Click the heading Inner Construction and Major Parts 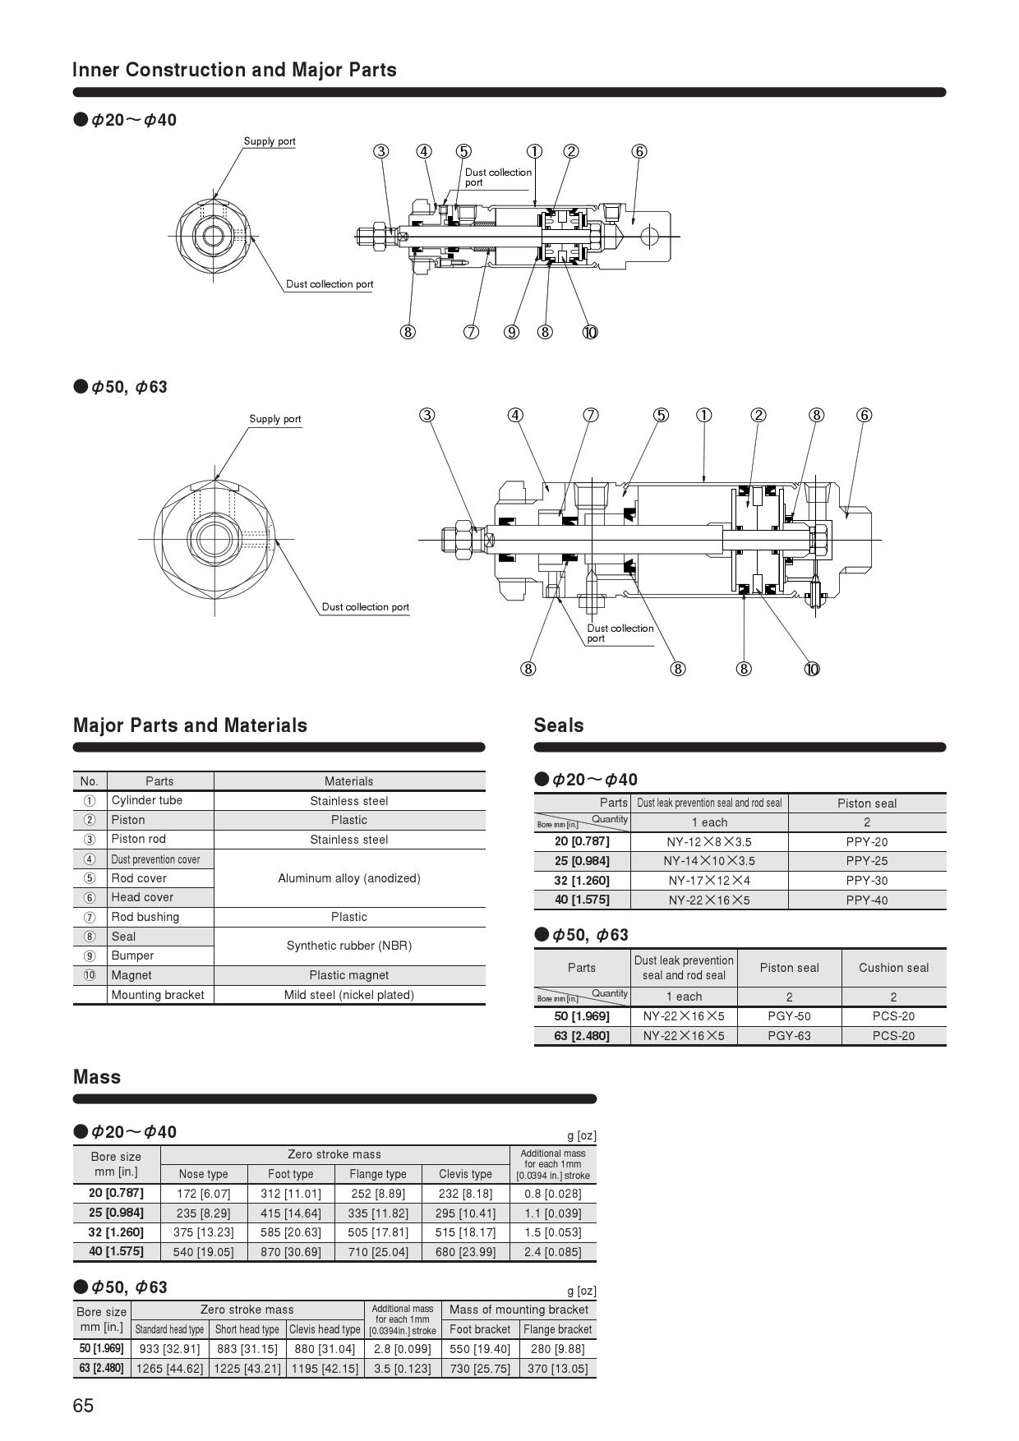[x=234, y=70]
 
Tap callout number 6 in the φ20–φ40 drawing [x=639, y=151]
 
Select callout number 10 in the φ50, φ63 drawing [x=812, y=669]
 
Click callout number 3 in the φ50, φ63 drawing [x=427, y=415]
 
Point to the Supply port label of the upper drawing [x=270, y=141]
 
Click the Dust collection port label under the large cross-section [x=620, y=633]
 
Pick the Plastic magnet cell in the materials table [x=348, y=975]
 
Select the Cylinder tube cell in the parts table [x=147, y=800]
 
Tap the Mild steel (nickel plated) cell [x=348, y=995]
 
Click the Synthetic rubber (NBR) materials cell [x=348, y=946]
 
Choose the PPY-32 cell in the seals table [x=866, y=881]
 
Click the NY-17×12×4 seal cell [x=708, y=881]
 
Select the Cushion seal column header [x=893, y=968]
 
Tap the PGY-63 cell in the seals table [x=789, y=1036]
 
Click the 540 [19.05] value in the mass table [x=203, y=1252]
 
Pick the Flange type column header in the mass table [x=377, y=1174]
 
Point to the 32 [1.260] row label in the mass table [x=116, y=1232]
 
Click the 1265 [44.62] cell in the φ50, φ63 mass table [x=169, y=1369]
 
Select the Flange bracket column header [x=557, y=1329]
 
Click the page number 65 [x=83, y=1406]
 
